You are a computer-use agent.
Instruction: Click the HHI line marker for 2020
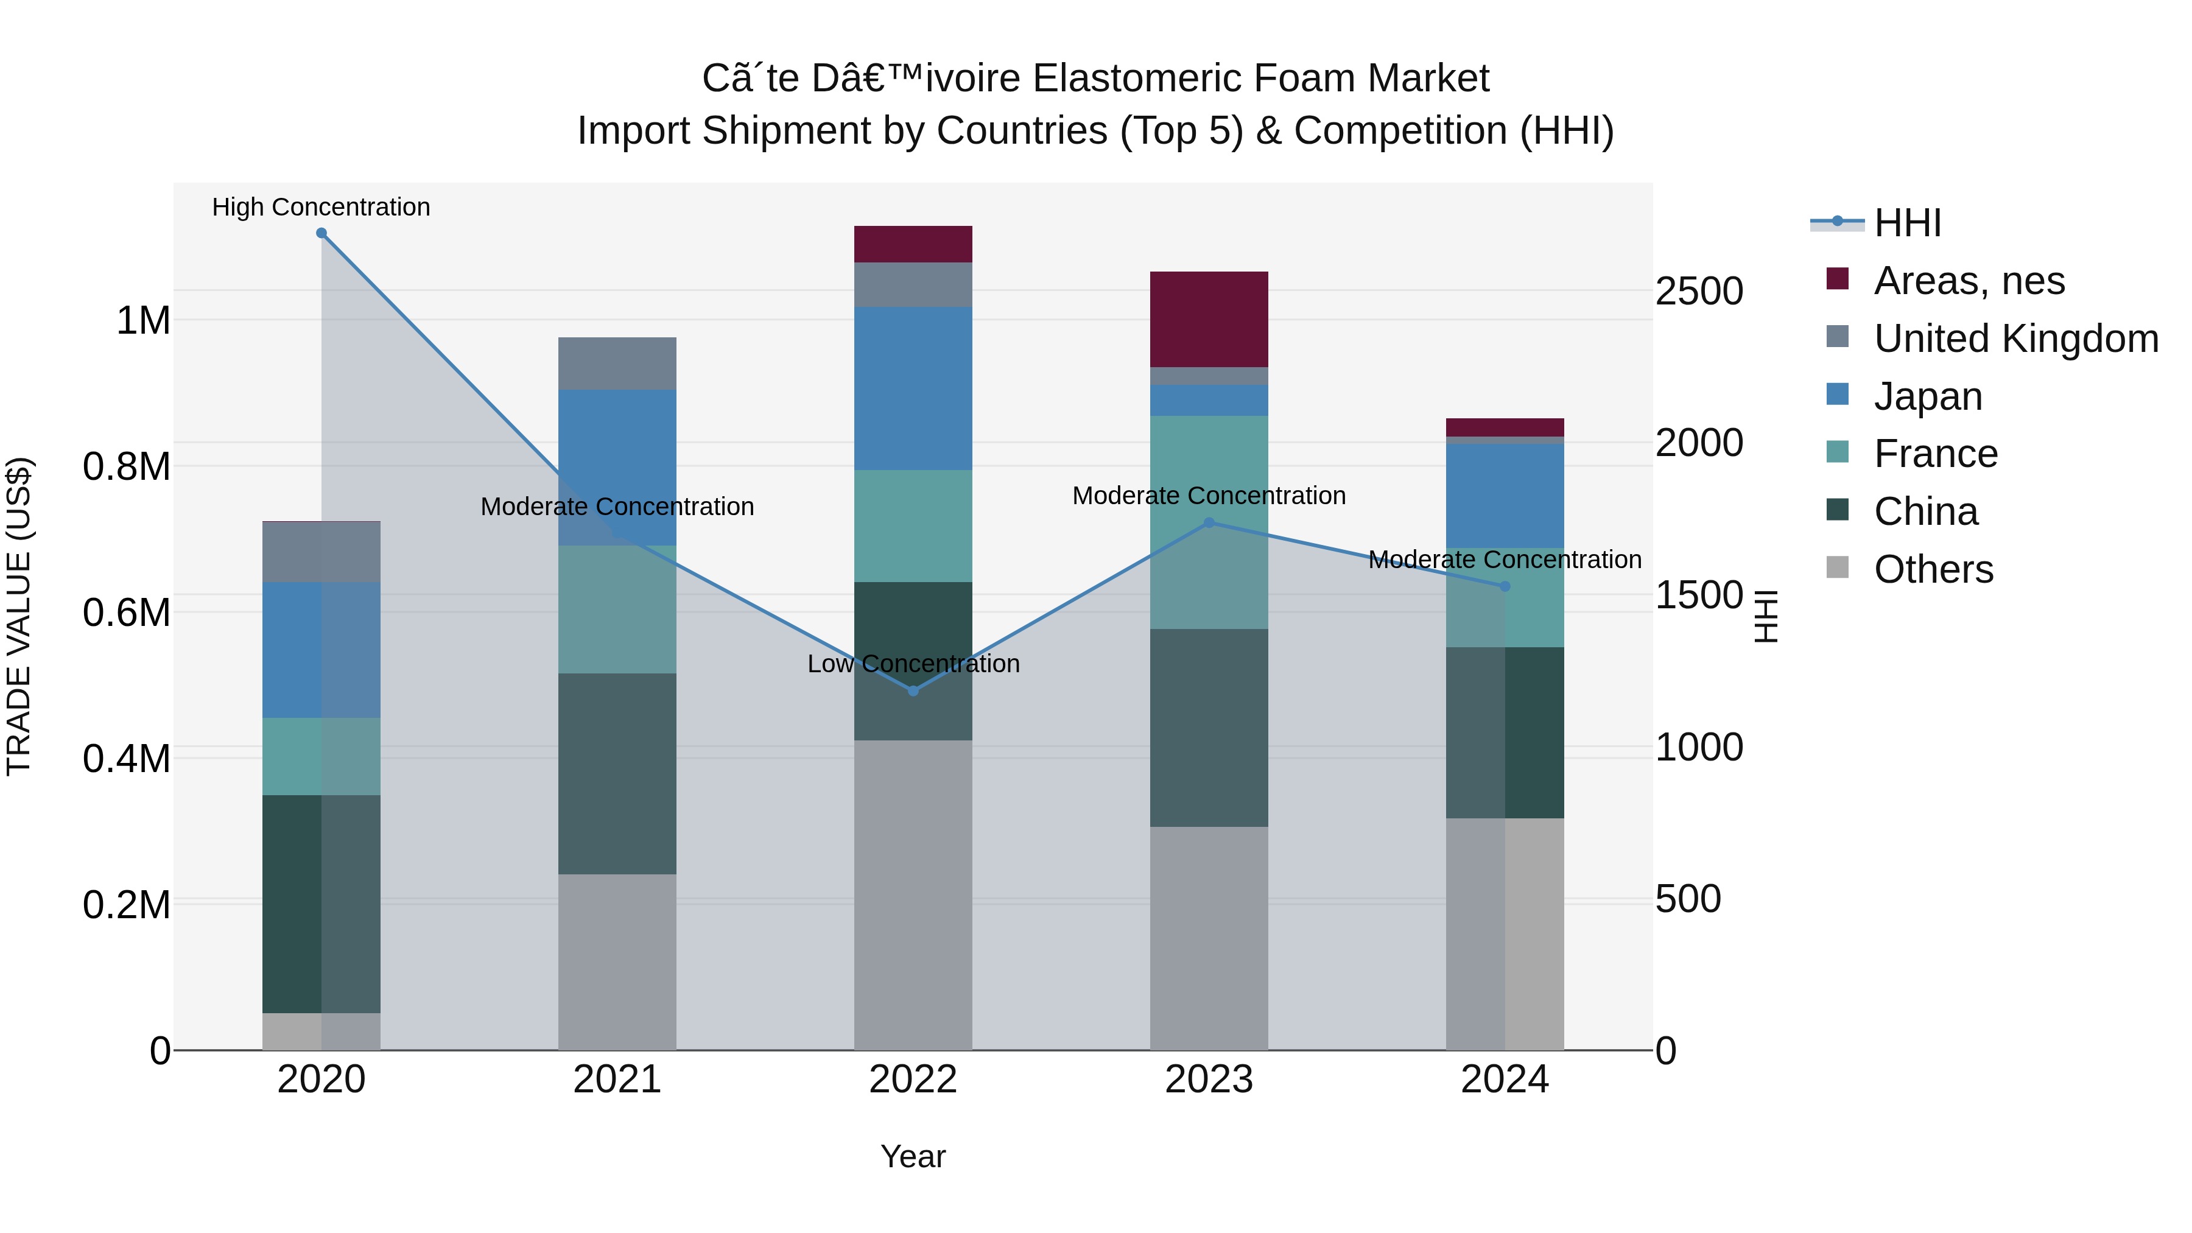click(321, 233)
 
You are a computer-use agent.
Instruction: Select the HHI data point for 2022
click(913, 691)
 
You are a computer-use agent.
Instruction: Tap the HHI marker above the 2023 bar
click(1209, 522)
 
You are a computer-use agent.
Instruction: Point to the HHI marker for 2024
click(1505, 586)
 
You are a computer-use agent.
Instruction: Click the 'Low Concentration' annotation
click(913, 664)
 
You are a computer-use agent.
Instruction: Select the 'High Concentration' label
click(321, 208)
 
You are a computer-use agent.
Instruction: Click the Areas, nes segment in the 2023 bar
click(1209, 320)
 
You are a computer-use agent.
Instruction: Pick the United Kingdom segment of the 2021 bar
click(617, 364)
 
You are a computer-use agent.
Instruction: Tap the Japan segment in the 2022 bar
click(913, 389)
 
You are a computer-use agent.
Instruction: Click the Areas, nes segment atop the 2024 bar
click(1505, 427)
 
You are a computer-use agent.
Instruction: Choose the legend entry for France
click(1936, 454)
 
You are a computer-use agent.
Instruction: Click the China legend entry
click(1926, 511)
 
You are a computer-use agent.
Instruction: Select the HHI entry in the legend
click(1907, 223)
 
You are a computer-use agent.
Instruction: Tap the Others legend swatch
click(1838, 567)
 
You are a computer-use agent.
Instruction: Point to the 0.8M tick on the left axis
click(127, 466)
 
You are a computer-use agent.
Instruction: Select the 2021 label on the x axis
click(617, 1080)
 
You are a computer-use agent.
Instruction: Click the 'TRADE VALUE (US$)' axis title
click(19, 616)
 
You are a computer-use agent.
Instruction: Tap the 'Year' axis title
click(913, 1156)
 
